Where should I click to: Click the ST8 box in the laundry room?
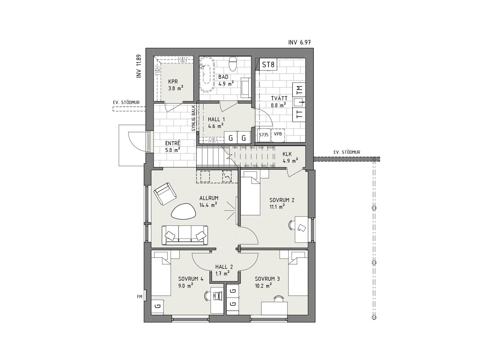268,64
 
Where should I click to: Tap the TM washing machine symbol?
299,90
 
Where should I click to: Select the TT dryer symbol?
299,114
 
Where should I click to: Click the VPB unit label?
278,134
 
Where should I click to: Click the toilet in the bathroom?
233,64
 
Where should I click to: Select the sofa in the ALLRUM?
185,235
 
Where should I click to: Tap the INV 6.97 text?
299,42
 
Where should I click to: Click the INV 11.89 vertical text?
139,66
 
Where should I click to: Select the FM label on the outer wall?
139,297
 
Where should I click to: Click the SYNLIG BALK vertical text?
193,118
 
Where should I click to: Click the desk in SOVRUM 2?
301,229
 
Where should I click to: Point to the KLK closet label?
287,154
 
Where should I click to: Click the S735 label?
264,135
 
